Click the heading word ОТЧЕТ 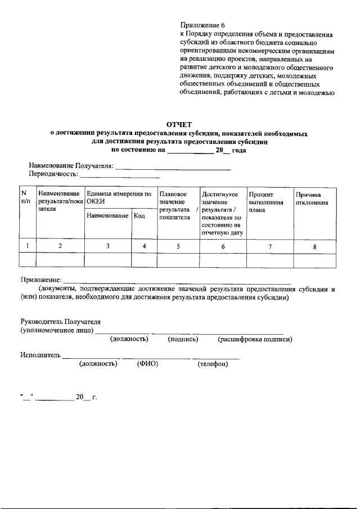click(179, 124)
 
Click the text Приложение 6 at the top click(202, 25)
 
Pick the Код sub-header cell click(140, 216)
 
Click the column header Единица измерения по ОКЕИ click(119, 197)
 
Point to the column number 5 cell click(177, 246)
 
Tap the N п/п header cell click(26, 197)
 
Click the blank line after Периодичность click(112, 177)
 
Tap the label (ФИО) click(147, 364)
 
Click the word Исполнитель click(40, 355)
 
